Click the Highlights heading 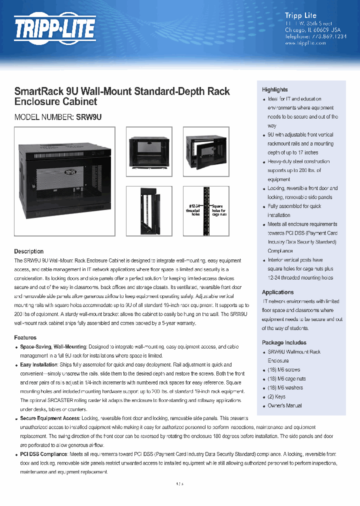pyautogui.click(x=274, y=89)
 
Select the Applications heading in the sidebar pyautogui.click(x=277, y=292)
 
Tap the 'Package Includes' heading pyautogui.click(x=284, y=342)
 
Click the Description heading pyautogui.click(x=28, y=251)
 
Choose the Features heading pyautogui.click(x=25, y=337)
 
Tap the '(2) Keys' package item pyautogui.click(x=276, y=396)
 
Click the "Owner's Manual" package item pyautogui.click(x=284, y=405)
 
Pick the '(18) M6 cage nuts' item pyautogui.click(x=286, y=378)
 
